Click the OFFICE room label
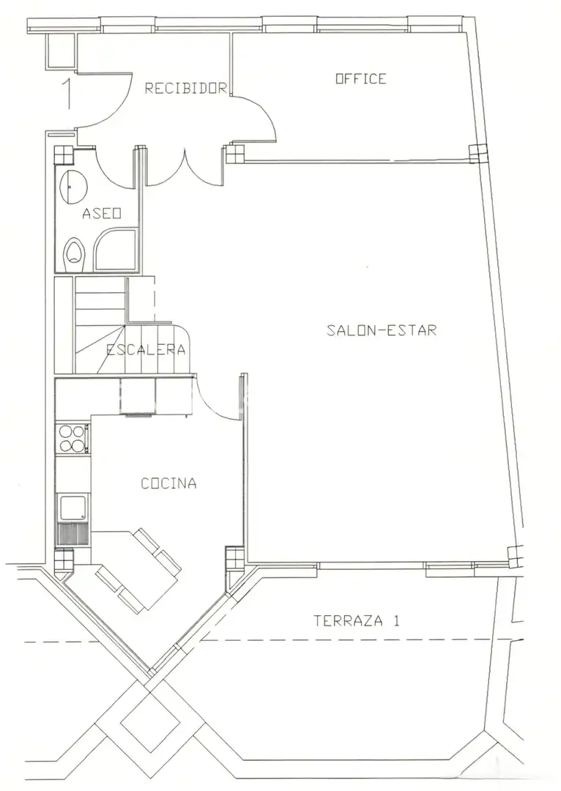click(x=361, y=78)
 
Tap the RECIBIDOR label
click(x=185, y=89)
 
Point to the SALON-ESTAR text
click(x=382, y=330)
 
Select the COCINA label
click(x=168, y=483)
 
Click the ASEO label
click(x=101, y=213)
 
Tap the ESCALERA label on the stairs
click(x=146, y=349)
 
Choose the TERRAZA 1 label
click(x=356, y=620)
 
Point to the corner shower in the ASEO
click(x=116, y=249)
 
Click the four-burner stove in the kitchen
click(x=73, y=439)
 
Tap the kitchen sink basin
click(x=73, y=508)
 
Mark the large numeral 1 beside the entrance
click(x=67, y=94)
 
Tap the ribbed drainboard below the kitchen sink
click(x=73, y=534)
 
